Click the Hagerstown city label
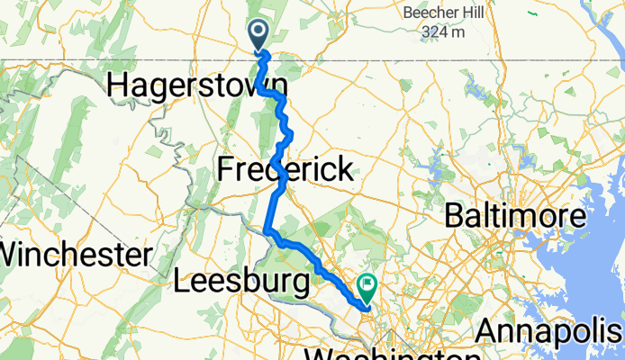[x=197, y=85]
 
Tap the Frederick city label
[x=285, y=169]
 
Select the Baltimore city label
[x=516, y=217]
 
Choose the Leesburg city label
[x=240, y=282]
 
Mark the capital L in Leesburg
[x=179, y=282]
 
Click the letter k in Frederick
[x=345, y=169]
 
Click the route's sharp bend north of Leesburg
[x=267, y=230]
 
